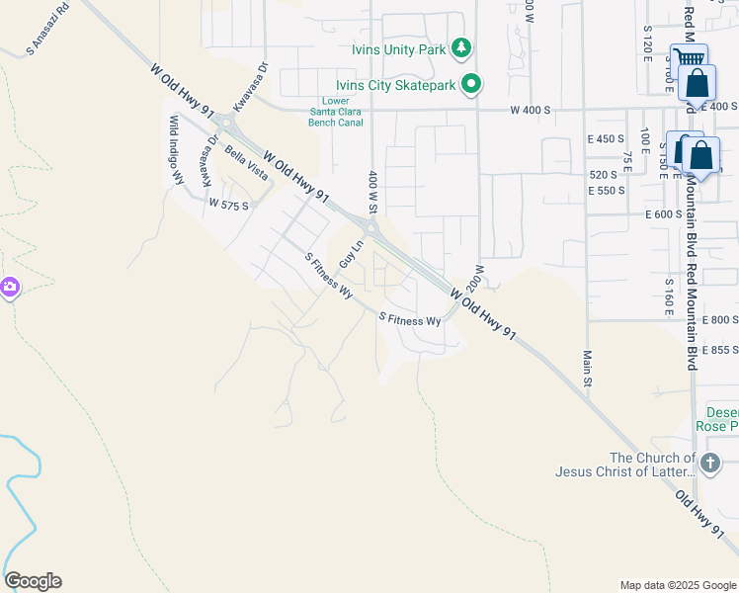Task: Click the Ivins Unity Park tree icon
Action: pyautogui.click(x=460, y=47)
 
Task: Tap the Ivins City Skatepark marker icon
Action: pyautogui.click(x=472, y=84)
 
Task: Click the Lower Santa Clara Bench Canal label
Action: pyautogui.click(x=336, y=112)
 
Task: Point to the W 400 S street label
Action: pyautogui.click(x=529, y=110)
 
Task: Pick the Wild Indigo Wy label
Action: pyautogui.click(x=177, y=149)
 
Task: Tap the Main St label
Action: pyautogui.click(x=587, y=368)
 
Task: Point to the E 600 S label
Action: pyautogui.click(x=663, y=214)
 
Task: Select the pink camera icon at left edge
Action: pyautogui.click(x=9, y=288)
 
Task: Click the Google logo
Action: pyautogui.click(x=33, y=581)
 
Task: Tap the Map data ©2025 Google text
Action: pyautogui.click(x=677, y=585)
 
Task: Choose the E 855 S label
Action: pyautogui.click(x=719, y=349)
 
